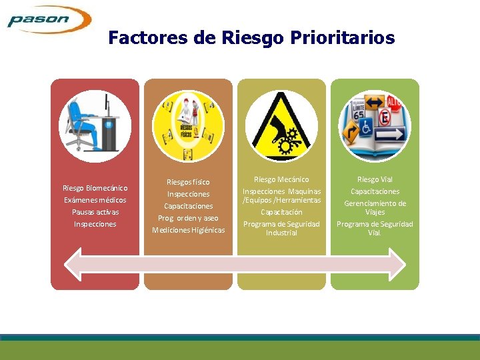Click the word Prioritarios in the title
tap(347, 38)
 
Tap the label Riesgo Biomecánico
tap(95, 188)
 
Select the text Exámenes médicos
tap(95, 200)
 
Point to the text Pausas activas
tap(95, 212)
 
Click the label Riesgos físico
tap(189, 182)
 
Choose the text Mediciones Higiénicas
tap(189, 230)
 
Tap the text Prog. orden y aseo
tap(189, 218)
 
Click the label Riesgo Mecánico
tap(282, 179)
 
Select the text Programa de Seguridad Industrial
tap(282, 228)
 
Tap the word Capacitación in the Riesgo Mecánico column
tap(282, 212)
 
